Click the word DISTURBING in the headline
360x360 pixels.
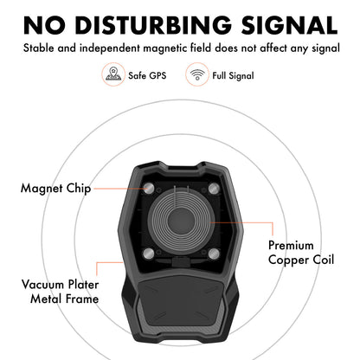click(x=153, y=25)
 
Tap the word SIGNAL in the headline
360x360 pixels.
click(x=289, y=25)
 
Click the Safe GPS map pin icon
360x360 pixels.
click(x=113, y=74)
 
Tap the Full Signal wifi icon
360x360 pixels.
click(x=197, y=74)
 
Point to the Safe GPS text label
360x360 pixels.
click(x=147, y=75)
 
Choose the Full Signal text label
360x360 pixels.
click(x=233, y=76)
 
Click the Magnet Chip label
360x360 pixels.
click(x=56, y=189)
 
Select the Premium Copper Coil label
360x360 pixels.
click(x=301, y=253)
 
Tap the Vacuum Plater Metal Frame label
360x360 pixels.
click(x=61, y=292)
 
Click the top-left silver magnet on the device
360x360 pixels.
click(x=149, y=190)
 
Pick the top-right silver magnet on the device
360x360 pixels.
click(x=214, y=190)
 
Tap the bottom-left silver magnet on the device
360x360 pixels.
click(x=149, y=254)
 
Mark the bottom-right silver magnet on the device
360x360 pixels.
click(x=214, y=254)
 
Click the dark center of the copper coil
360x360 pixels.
click(x=181, y=222)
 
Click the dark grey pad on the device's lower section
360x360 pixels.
click(x=181, y=301)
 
